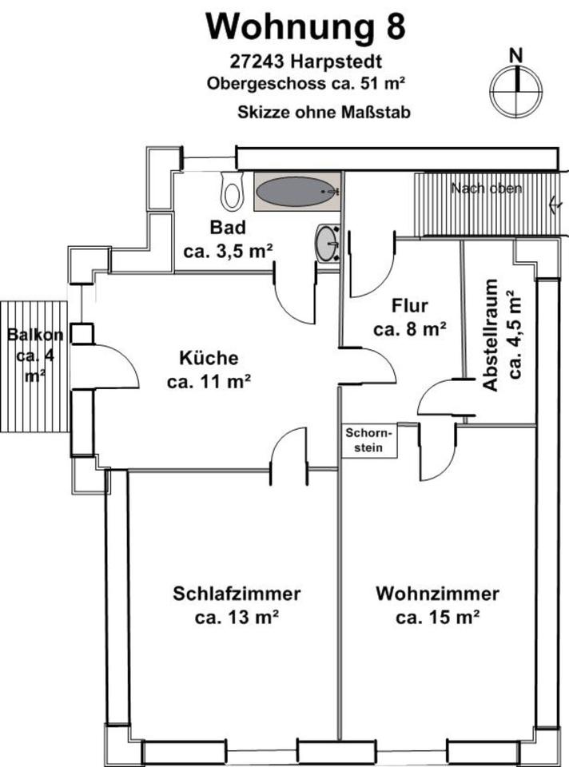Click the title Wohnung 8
click(x=305, y=26)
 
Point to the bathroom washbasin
click(x=328, y=242)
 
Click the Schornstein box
click(x=370, y=440)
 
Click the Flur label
click(x=411, y=306)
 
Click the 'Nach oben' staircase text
click(x=486, y=189)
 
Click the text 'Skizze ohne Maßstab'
click(x=324, y=113)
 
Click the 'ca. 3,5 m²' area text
click(x=229, y=251)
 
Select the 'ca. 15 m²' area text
click(x=437, y=617)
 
